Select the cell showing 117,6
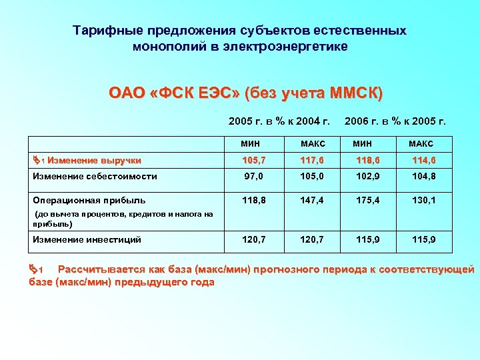coord(312,160)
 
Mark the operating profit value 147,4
coord(312,200)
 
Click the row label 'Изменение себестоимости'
coord(95,177)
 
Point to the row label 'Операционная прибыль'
coord(89,200)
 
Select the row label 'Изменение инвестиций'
coord(87,239)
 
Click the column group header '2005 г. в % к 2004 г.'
coord(279,121)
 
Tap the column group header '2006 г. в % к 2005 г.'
coord(395,121)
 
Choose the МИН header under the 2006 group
coord(363,143)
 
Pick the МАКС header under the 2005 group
coord(312,143)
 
